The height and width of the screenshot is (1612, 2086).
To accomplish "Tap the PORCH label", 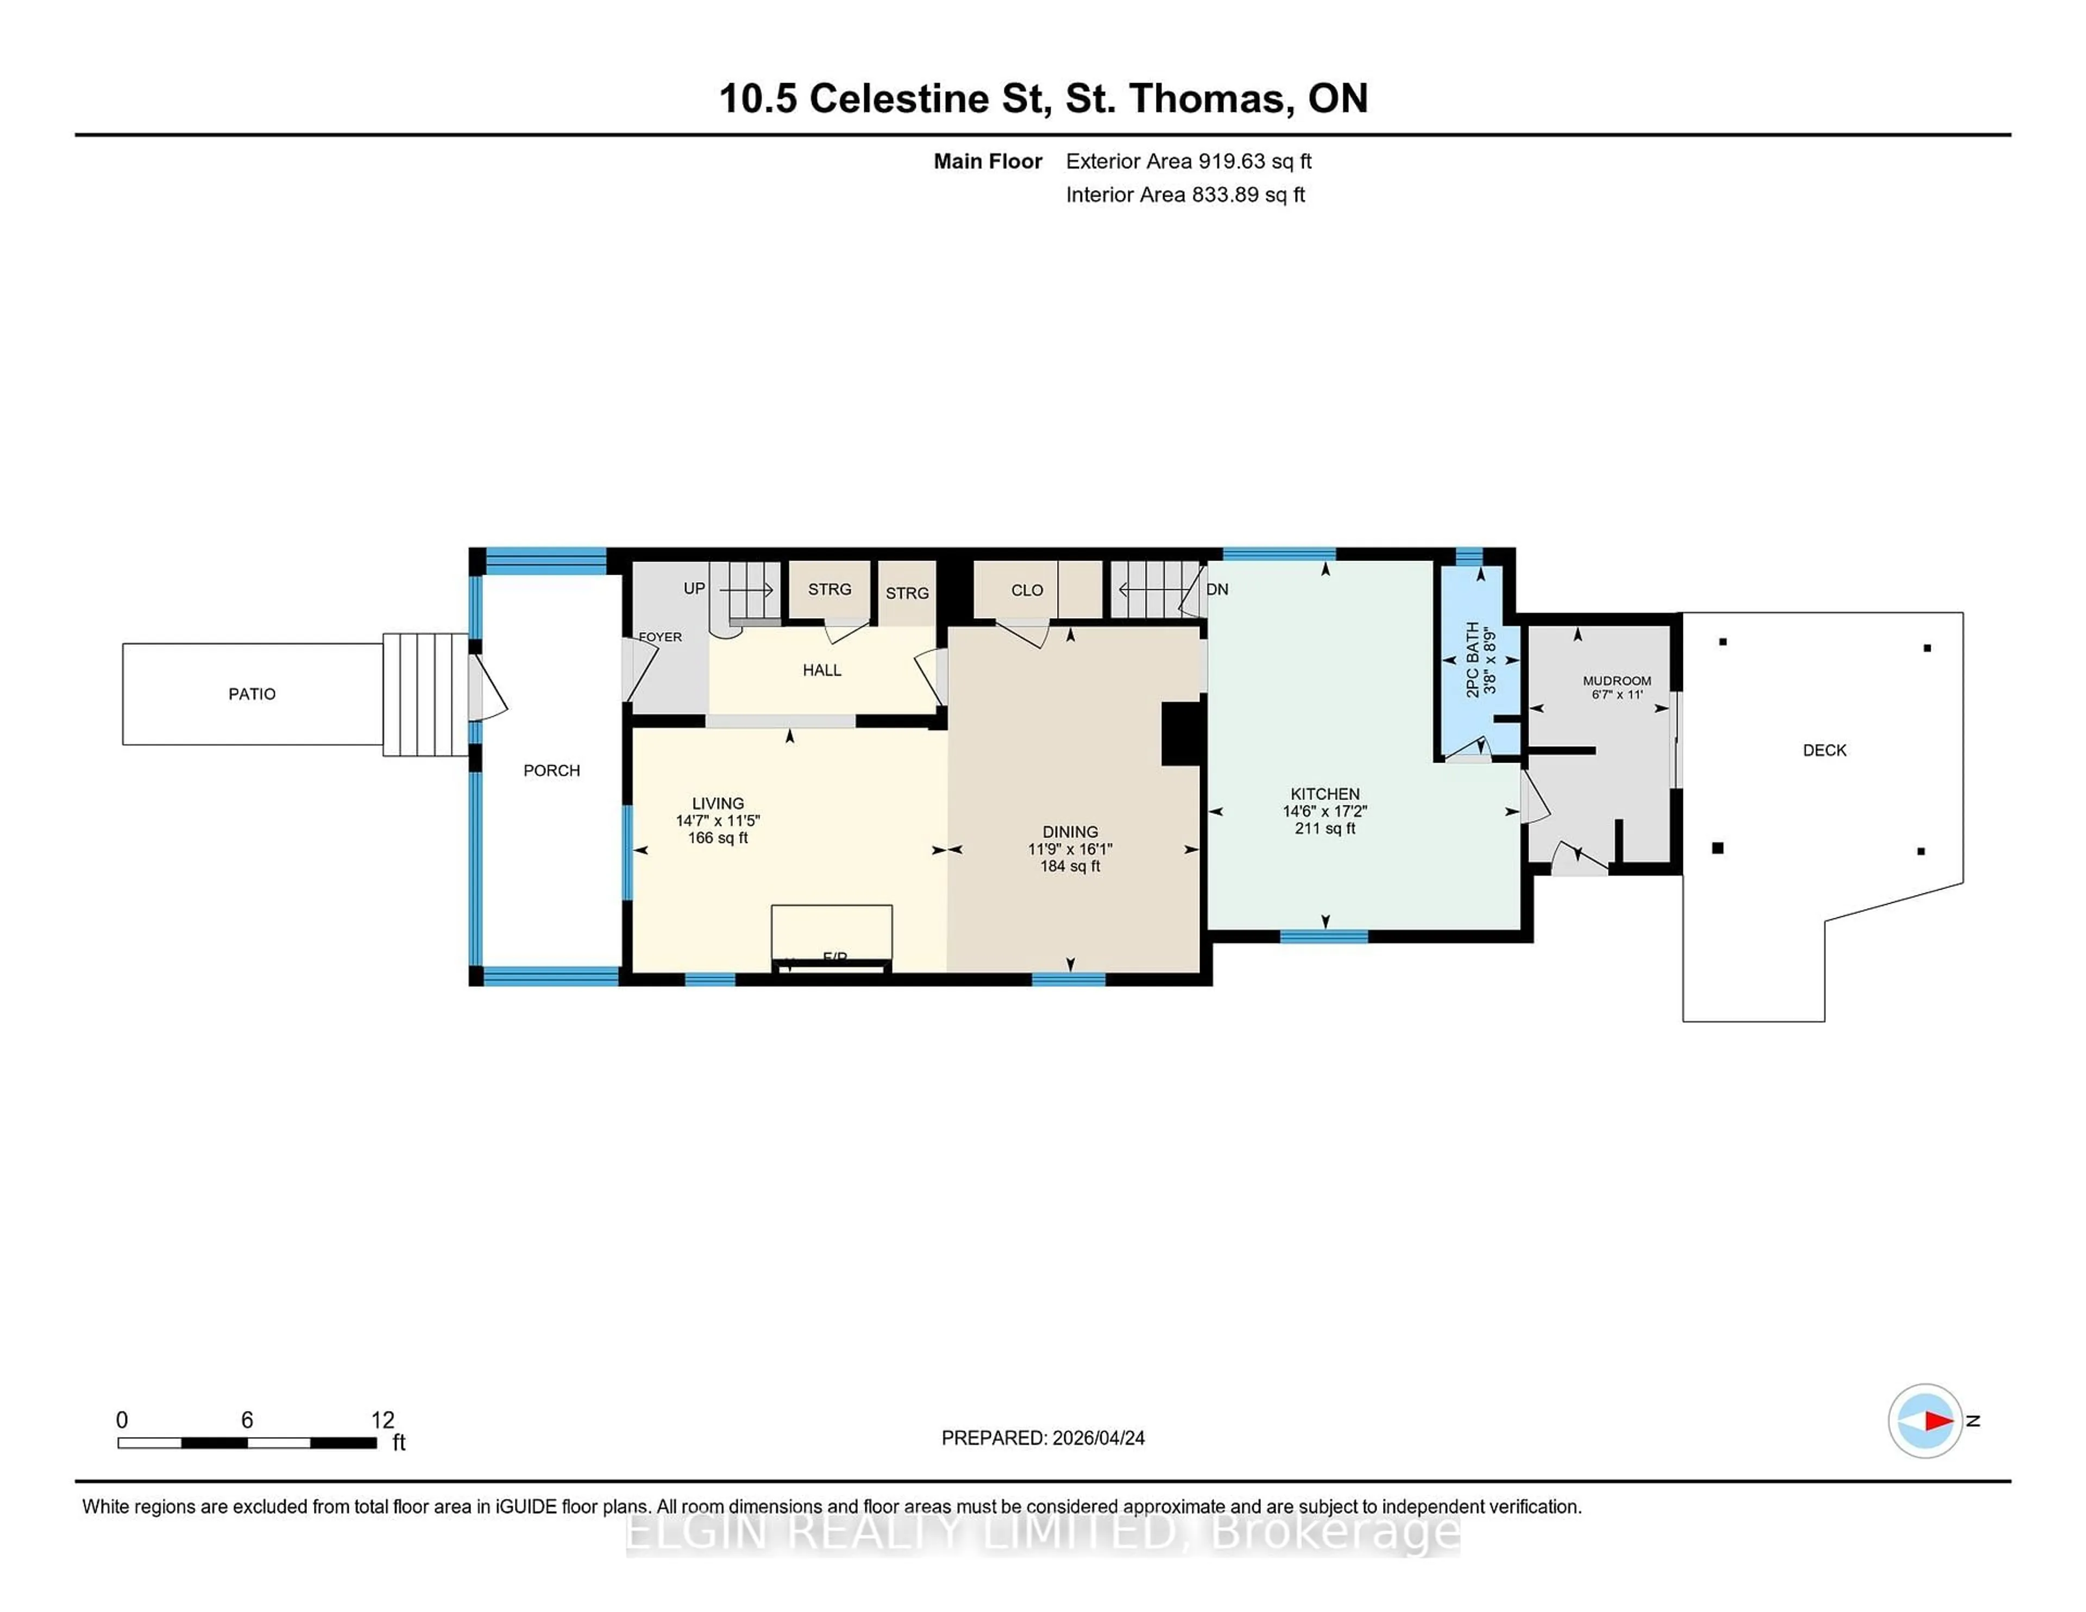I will pyautogui.click(x=551, y=771).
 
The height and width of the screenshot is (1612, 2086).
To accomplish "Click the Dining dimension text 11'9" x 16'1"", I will pyautogui.click(x=1070, y=849).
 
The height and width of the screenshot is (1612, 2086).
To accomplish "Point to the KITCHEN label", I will pyautogui.click(x=1325, y=794).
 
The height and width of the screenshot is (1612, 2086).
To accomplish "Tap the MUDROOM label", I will pyautogui.click(x=1616, y=681).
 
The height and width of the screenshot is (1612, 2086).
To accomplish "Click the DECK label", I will pyautogui.click(x=1824, y=751).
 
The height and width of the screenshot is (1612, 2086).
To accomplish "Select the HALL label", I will pyautogui.click(x=821, y=670).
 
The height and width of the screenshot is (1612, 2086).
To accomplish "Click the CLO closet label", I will pyautogui.click(x=1027, y=590).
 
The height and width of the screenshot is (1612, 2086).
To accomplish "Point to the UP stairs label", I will pyautogui.click(x=694, y=588).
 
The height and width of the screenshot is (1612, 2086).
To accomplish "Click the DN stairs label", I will pyautogui.click(x=1218, y=589).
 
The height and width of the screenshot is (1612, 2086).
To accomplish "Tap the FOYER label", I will pyautogui.click(x=660, y=637).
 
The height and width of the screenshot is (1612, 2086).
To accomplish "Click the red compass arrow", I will pyautogui.click(x=1938, y=1421).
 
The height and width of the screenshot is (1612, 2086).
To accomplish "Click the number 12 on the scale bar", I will pyautogui.click(x=382, y=1420).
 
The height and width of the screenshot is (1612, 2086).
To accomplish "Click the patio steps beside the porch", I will pyautogui.click(x=425, y=695).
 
